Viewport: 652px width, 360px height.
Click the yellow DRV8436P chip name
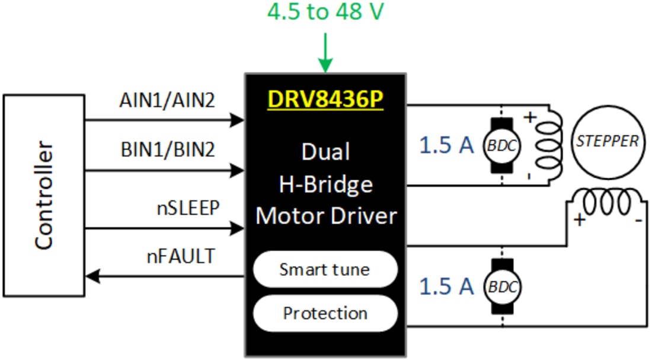[x=325, y=100]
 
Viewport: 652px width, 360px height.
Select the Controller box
[x=44, y=195]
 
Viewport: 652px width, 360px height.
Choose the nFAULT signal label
[x=180, y=257]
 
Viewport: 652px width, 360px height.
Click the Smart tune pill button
[x=325, y=270]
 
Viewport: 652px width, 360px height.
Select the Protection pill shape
[x=325, y=313]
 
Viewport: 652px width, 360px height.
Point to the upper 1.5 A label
[x=447, y=145]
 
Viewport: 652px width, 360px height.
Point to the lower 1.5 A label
[x=447, y=286]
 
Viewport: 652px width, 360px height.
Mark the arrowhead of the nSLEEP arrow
[x=239, y=227]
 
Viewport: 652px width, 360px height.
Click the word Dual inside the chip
[x=325, y=152]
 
